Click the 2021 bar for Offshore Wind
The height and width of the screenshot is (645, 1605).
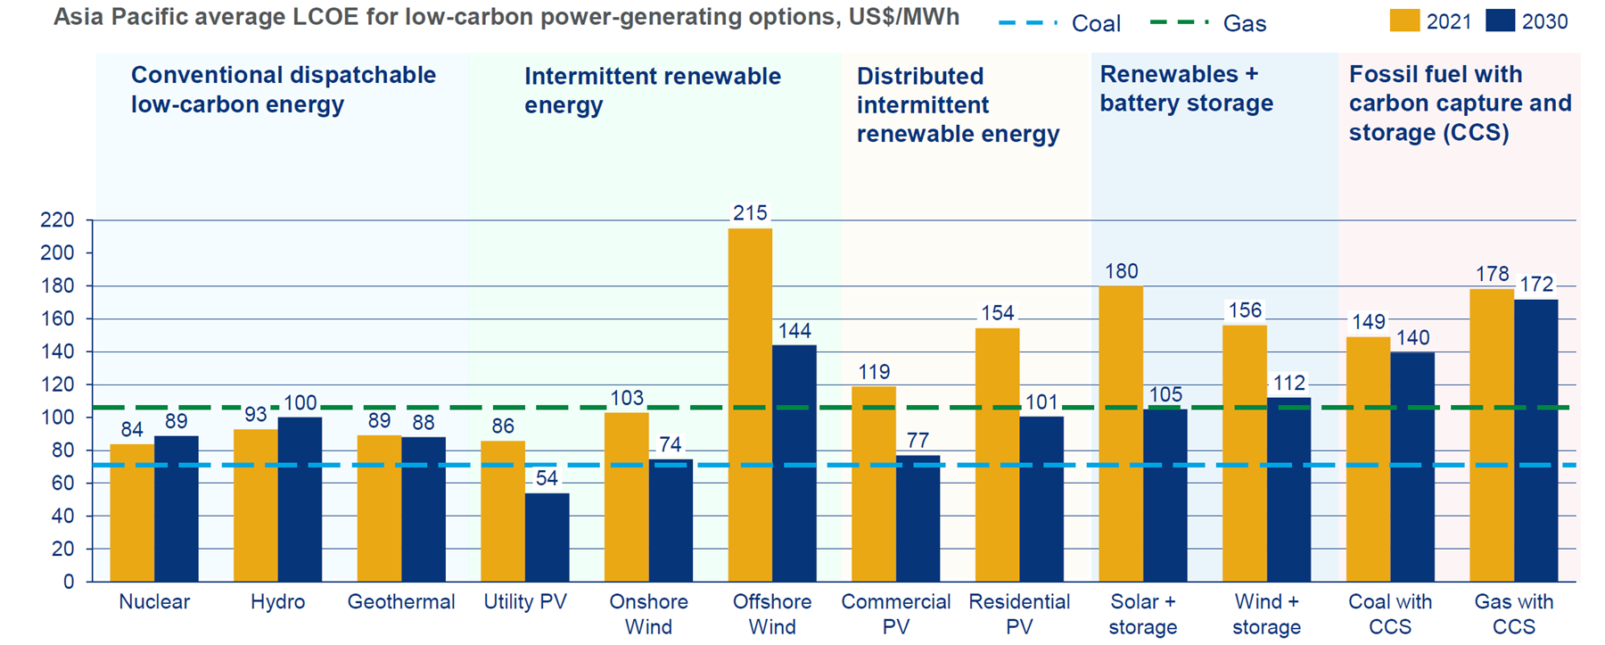(750, 406)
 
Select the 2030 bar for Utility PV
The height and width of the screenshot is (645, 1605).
(547, 537)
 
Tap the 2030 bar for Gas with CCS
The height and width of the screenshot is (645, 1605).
(1535, 441)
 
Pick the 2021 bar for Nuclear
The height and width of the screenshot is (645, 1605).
(132, 513)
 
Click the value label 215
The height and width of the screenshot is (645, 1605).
(750, 213)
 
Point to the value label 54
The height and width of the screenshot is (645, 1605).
(547, 479)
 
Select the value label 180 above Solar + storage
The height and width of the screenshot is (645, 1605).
(1121, 271)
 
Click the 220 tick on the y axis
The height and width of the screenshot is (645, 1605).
(57, 220)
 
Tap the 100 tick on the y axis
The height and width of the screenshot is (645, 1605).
(57, 418)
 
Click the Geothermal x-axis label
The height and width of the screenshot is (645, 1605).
(401, 602)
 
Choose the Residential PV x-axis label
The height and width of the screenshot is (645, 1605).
(1019, 614)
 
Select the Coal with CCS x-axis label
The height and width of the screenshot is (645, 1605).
(1390, 614)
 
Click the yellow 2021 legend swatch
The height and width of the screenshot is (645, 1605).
(1404, 21)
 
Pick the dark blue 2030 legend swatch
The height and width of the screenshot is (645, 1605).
(1500, 21)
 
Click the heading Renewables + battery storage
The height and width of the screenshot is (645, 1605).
(1186, 88)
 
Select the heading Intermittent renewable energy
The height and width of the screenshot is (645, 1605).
(652, 90)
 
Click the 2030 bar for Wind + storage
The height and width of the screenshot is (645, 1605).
(1288, 489)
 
